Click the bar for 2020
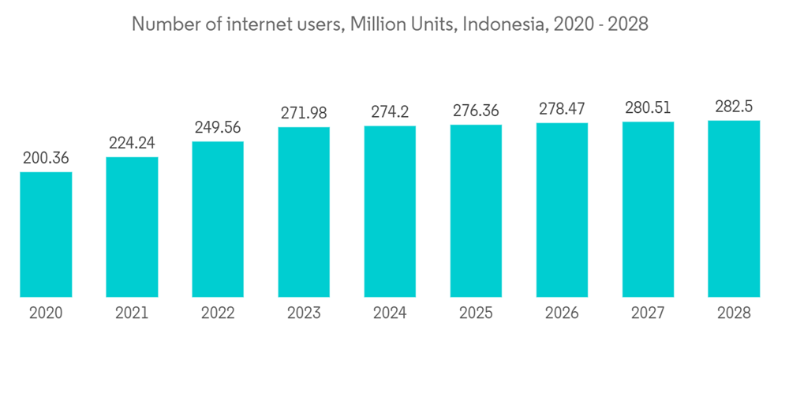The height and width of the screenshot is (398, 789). point(46,235)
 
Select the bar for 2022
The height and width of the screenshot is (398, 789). point(218,220)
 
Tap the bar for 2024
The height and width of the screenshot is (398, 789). point(390,212)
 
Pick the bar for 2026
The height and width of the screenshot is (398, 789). point(562,210)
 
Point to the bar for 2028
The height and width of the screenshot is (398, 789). point(734,209)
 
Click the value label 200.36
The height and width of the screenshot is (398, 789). point(46,158)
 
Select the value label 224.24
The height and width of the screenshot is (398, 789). point(132,143)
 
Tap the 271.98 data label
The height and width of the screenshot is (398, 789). point(304,112)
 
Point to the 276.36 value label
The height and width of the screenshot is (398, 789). point(476,111)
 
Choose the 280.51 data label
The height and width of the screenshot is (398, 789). point(648,107)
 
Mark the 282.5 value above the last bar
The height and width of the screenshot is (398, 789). point(734,107)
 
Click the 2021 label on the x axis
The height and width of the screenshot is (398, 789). point(132,314)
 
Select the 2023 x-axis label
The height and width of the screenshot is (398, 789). point(304,314)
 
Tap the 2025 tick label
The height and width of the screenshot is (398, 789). point(476,314)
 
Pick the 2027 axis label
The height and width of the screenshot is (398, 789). point(648,314)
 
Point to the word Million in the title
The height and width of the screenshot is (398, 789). point(387,24)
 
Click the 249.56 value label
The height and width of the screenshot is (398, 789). point(218,127)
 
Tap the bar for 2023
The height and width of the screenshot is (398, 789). point(304,212)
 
